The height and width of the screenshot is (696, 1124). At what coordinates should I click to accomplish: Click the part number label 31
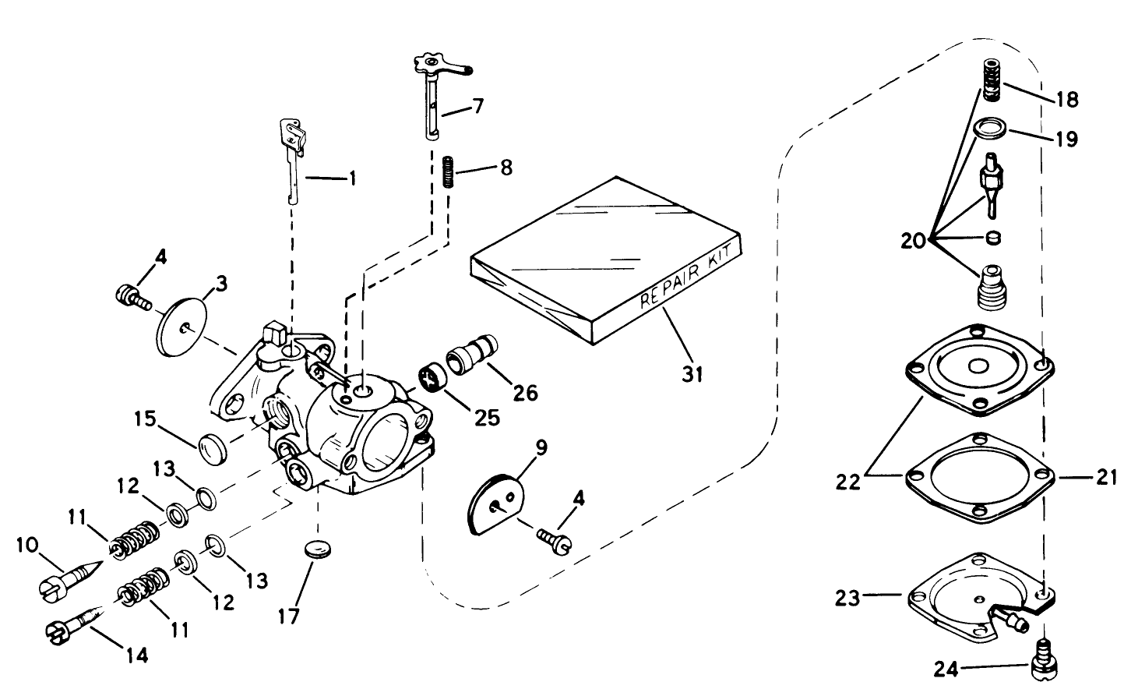692,374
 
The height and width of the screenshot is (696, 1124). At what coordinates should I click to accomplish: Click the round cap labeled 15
211,449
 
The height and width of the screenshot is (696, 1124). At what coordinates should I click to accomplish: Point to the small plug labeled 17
314,549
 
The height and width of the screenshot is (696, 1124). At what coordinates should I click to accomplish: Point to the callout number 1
351,178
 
